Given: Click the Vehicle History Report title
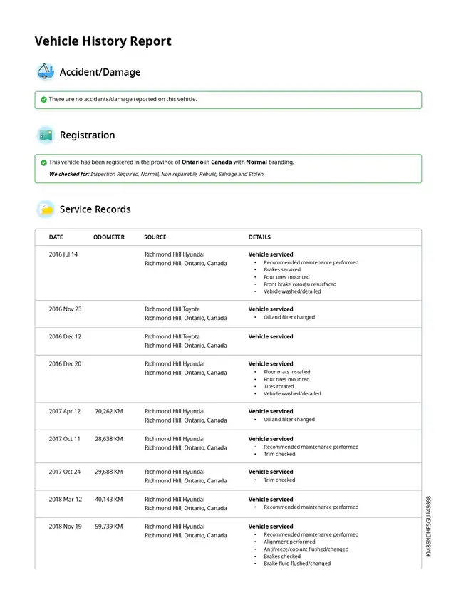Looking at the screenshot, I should [x=103, y=41].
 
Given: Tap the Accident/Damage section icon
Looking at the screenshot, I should [x=45, y=71].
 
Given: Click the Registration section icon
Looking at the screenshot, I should [x=45, y=135].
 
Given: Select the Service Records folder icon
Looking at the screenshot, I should [x=45, y=209].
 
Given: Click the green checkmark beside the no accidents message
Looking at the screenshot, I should [x=43, y=100].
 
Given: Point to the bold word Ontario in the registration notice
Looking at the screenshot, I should [x=192, y=162].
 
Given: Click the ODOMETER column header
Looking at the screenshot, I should [x=108, y=237].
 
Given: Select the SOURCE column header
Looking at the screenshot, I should [x=155, y=237].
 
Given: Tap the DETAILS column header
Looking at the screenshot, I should [x=259, y=237].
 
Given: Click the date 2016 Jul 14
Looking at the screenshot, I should [x=63, y=254].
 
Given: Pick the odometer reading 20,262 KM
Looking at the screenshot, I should [x=108, y=411].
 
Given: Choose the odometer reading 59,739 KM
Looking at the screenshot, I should [x=108, y=527].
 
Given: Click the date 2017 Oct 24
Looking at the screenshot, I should [x=65, y=472].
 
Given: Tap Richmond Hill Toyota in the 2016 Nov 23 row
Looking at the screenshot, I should [x=172, y=309].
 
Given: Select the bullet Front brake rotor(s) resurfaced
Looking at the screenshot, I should [x=299, y=284].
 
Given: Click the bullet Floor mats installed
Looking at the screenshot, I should [x=287, y=372].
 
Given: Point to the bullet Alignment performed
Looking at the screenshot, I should [x=289, y=542].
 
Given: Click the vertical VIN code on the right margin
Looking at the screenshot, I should [x=429, y=526].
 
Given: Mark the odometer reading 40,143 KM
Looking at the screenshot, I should [x=108, y=500].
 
